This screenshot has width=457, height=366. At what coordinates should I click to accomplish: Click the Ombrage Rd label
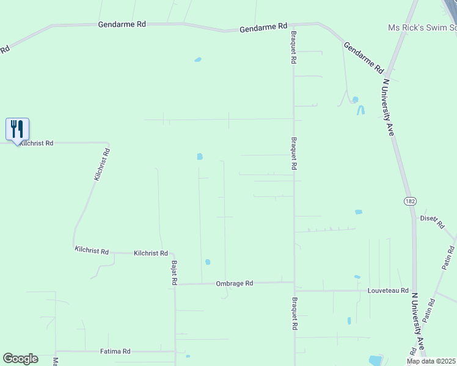[234, 283]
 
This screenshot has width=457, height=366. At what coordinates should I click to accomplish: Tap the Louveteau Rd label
[388, 290]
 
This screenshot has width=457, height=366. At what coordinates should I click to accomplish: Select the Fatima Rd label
[115, 351]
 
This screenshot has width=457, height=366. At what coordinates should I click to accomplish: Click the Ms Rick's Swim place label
[422, 28]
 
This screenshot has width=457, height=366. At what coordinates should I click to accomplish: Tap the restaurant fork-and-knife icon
[17, 129]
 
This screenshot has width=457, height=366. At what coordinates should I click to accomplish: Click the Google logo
[20, 359]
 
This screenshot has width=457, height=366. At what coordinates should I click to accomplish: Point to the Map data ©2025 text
[431, 361]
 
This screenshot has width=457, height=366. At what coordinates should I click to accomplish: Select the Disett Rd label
[431, 221]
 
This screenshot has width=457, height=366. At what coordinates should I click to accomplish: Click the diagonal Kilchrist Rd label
[101, 164]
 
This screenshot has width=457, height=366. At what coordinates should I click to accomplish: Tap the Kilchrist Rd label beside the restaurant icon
[36, 143]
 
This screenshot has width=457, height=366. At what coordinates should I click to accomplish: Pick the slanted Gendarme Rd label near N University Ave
[363, 57]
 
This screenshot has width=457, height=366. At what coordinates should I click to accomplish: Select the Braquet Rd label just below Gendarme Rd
[293, 48]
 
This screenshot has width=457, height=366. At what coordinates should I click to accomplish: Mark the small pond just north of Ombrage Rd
[208, 262]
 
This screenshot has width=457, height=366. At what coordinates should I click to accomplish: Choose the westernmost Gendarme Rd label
[122, 24]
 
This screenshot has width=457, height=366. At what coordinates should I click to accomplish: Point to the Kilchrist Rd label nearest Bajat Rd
[150, 253]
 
